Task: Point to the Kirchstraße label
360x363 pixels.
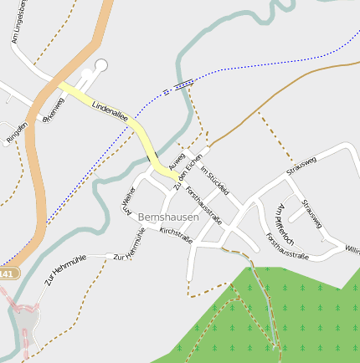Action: (x=176, y=234)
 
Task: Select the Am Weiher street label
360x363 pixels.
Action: (x=128, y=202)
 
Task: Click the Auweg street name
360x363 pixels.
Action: (x=177, y=157)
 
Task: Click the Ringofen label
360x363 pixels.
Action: (x=17, y=131)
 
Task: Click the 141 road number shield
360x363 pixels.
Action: (x=8, y=274)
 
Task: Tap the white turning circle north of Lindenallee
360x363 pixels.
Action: (x=101, y=65)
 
